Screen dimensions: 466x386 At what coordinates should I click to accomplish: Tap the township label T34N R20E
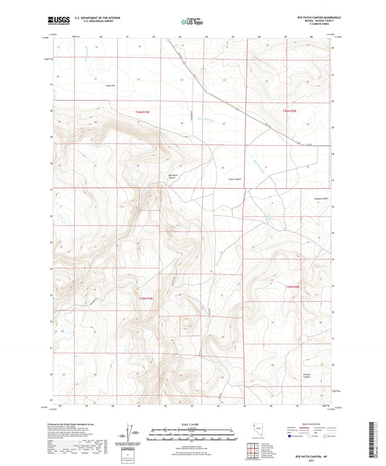click(290, 110)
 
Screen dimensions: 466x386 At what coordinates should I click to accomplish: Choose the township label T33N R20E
click(290, 288)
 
